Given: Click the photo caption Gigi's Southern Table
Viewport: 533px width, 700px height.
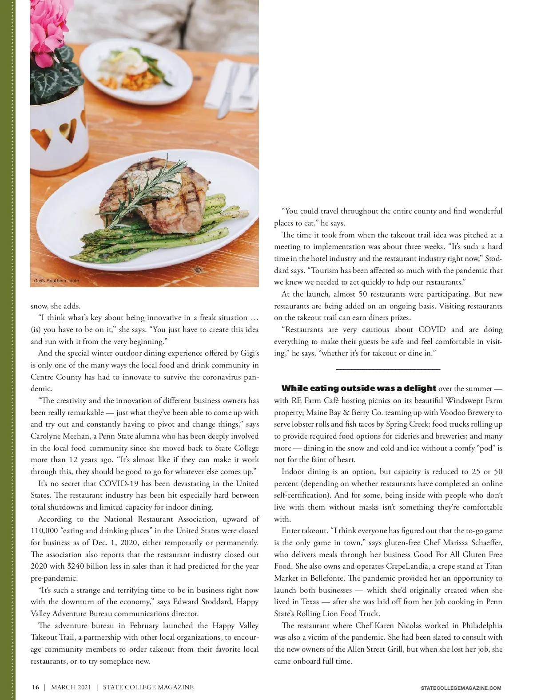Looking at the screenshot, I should pos(56,281).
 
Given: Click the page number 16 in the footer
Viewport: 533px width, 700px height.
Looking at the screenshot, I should pos(36,687).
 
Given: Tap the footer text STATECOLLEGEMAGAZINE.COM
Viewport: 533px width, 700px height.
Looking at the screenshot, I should pos(461,688).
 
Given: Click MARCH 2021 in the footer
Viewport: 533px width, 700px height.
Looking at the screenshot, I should pos(71,687).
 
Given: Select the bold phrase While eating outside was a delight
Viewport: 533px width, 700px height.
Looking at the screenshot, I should pos(359,388).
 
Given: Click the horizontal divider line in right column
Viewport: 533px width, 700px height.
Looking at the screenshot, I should pos(388,369).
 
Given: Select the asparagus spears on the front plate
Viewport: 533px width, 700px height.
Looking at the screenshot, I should pos(178,235).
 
